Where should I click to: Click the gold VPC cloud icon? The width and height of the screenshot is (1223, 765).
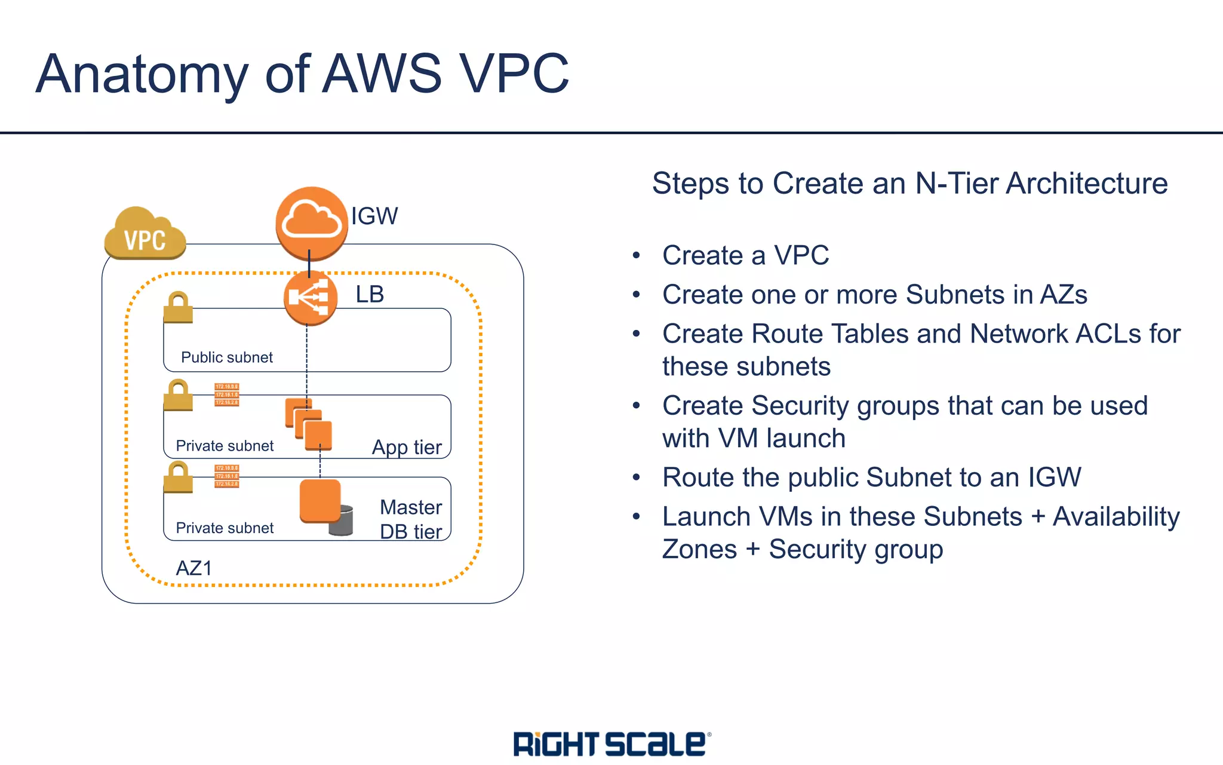point(145,234)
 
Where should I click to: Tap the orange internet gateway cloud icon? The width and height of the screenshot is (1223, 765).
point(311,222)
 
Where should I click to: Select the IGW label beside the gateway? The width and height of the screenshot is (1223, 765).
point(374,216)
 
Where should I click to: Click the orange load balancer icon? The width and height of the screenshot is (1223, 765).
point(310,298)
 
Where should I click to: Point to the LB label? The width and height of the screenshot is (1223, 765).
point(370,294)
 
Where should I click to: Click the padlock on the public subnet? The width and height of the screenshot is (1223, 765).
point(178,307)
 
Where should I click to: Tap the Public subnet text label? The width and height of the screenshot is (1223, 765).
point(226,357)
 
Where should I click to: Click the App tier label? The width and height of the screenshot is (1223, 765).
point(407,447)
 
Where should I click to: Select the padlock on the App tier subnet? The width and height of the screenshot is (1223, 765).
point(178,395)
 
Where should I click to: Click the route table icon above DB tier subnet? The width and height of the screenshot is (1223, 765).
point(226,476)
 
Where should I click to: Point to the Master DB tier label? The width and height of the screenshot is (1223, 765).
point(411,519)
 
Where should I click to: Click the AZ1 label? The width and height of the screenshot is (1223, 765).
point(193,568)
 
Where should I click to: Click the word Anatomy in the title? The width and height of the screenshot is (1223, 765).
point(142,74)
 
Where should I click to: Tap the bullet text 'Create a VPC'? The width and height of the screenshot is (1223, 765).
point(745,255)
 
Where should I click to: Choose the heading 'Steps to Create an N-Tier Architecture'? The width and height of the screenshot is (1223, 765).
point(909,183)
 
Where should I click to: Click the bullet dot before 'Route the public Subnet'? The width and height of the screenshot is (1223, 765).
point(637,478)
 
